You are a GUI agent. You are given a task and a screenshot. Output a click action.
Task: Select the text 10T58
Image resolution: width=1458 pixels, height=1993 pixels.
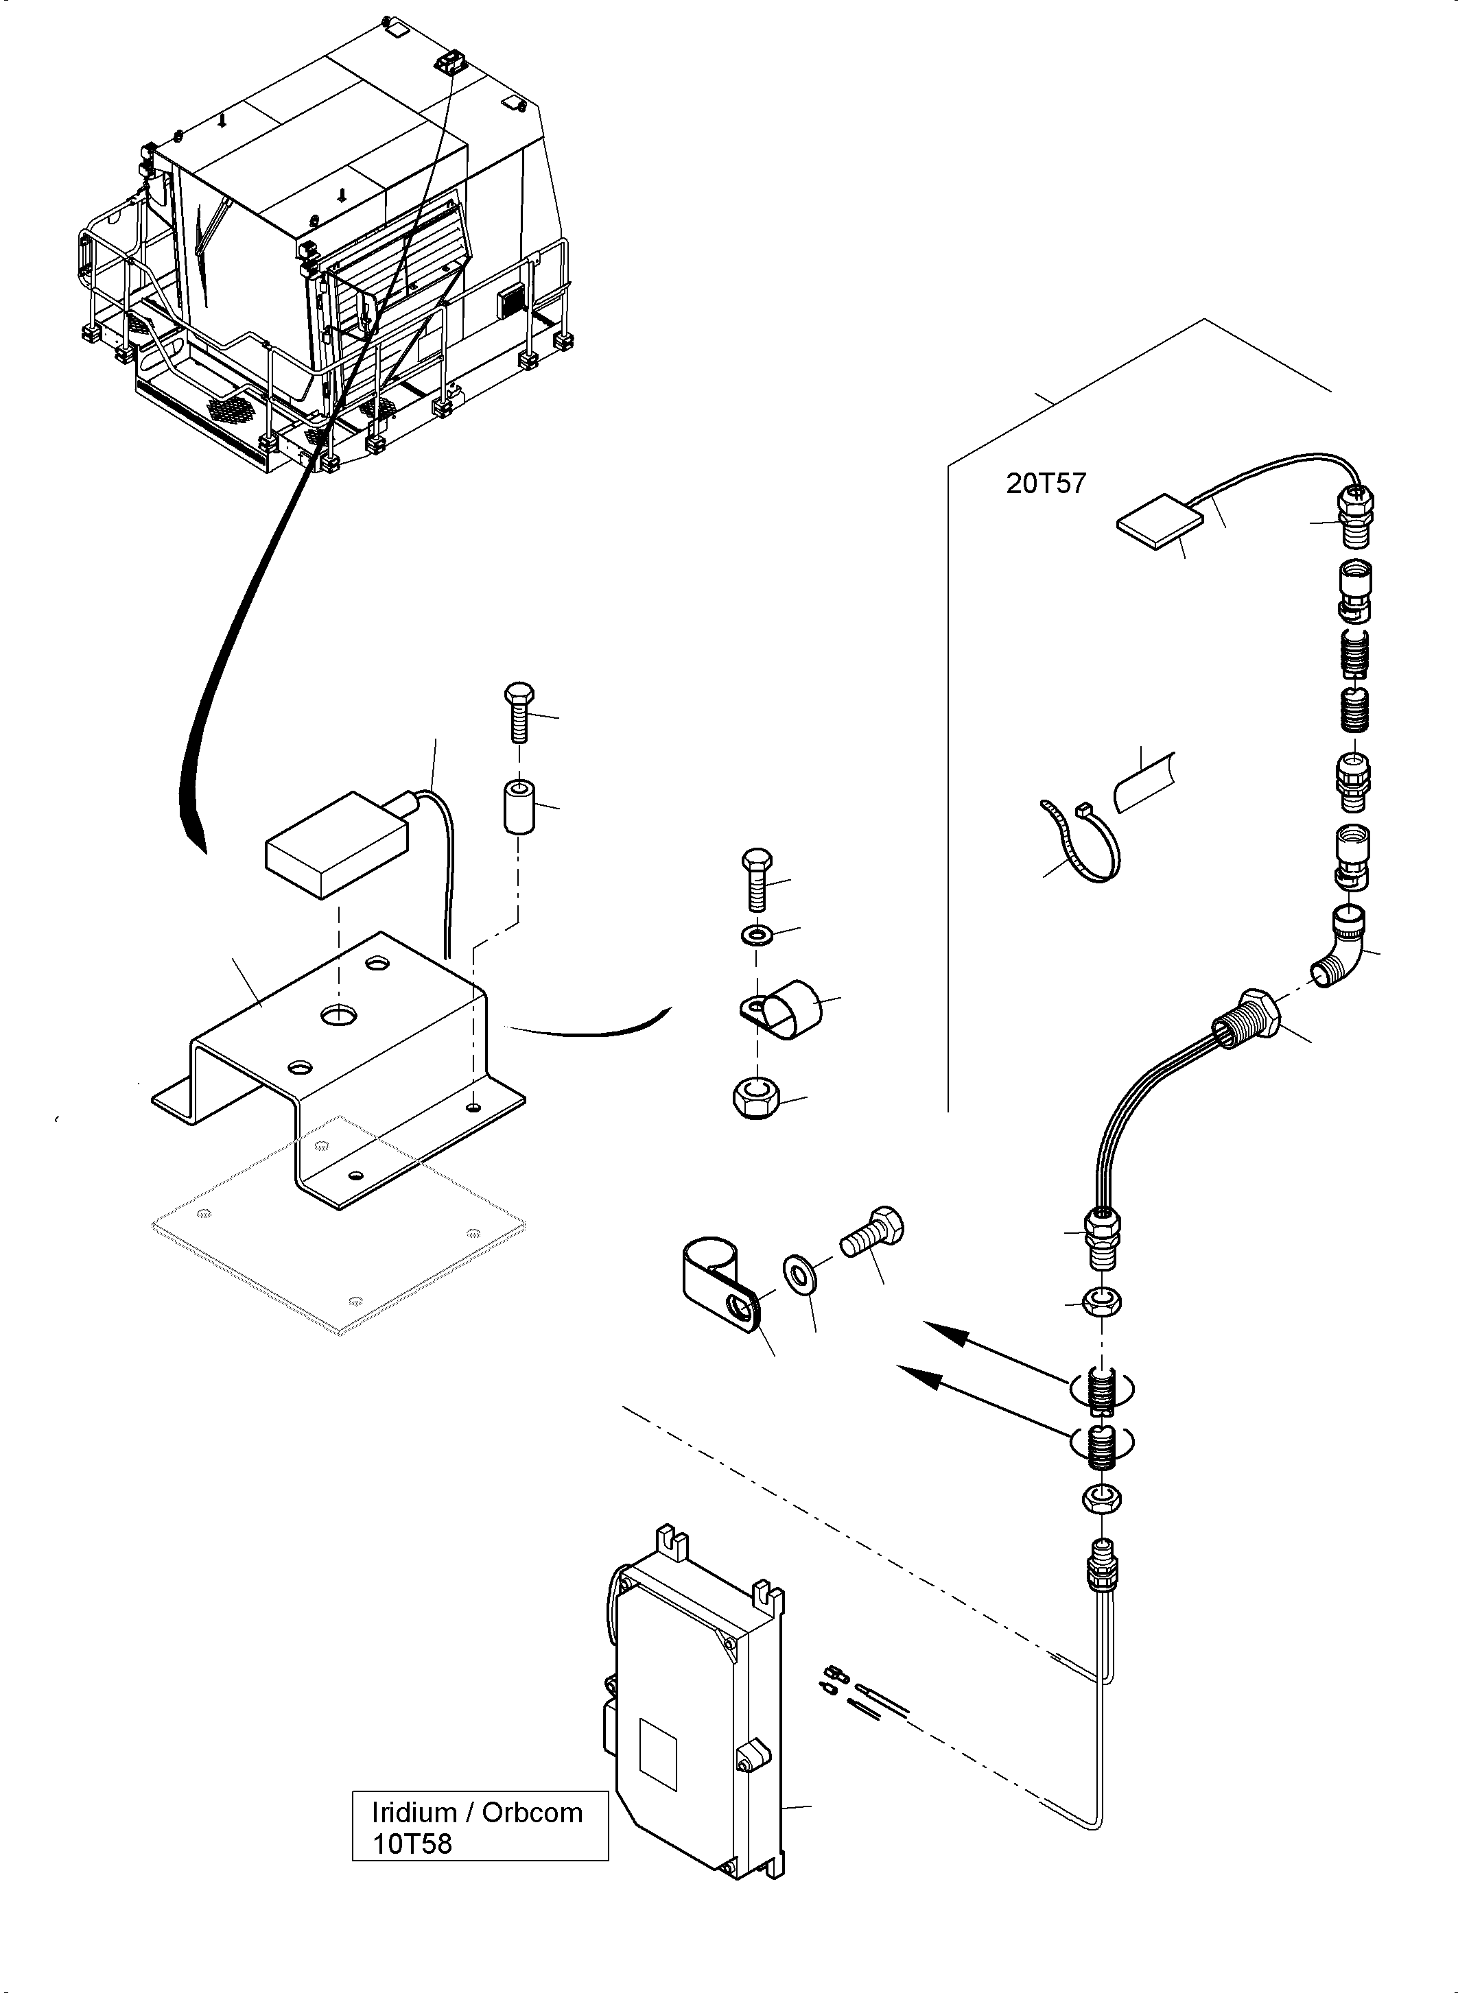(412, 1844)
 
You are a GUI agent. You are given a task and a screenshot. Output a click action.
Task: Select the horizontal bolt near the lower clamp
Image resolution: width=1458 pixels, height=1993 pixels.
(872, 1232)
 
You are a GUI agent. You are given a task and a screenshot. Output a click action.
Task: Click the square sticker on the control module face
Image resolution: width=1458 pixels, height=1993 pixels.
(657, 1752)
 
